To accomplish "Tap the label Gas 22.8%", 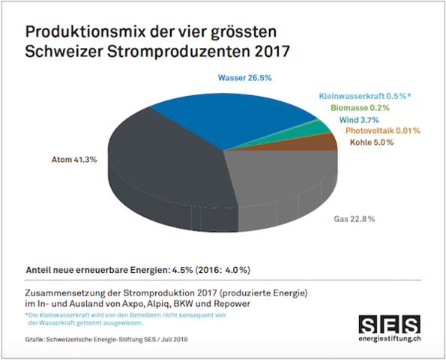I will [x=354, y=220].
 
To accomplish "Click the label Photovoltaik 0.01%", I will [x=381, y=131].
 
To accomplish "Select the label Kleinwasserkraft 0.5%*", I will [x=364, y=97].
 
